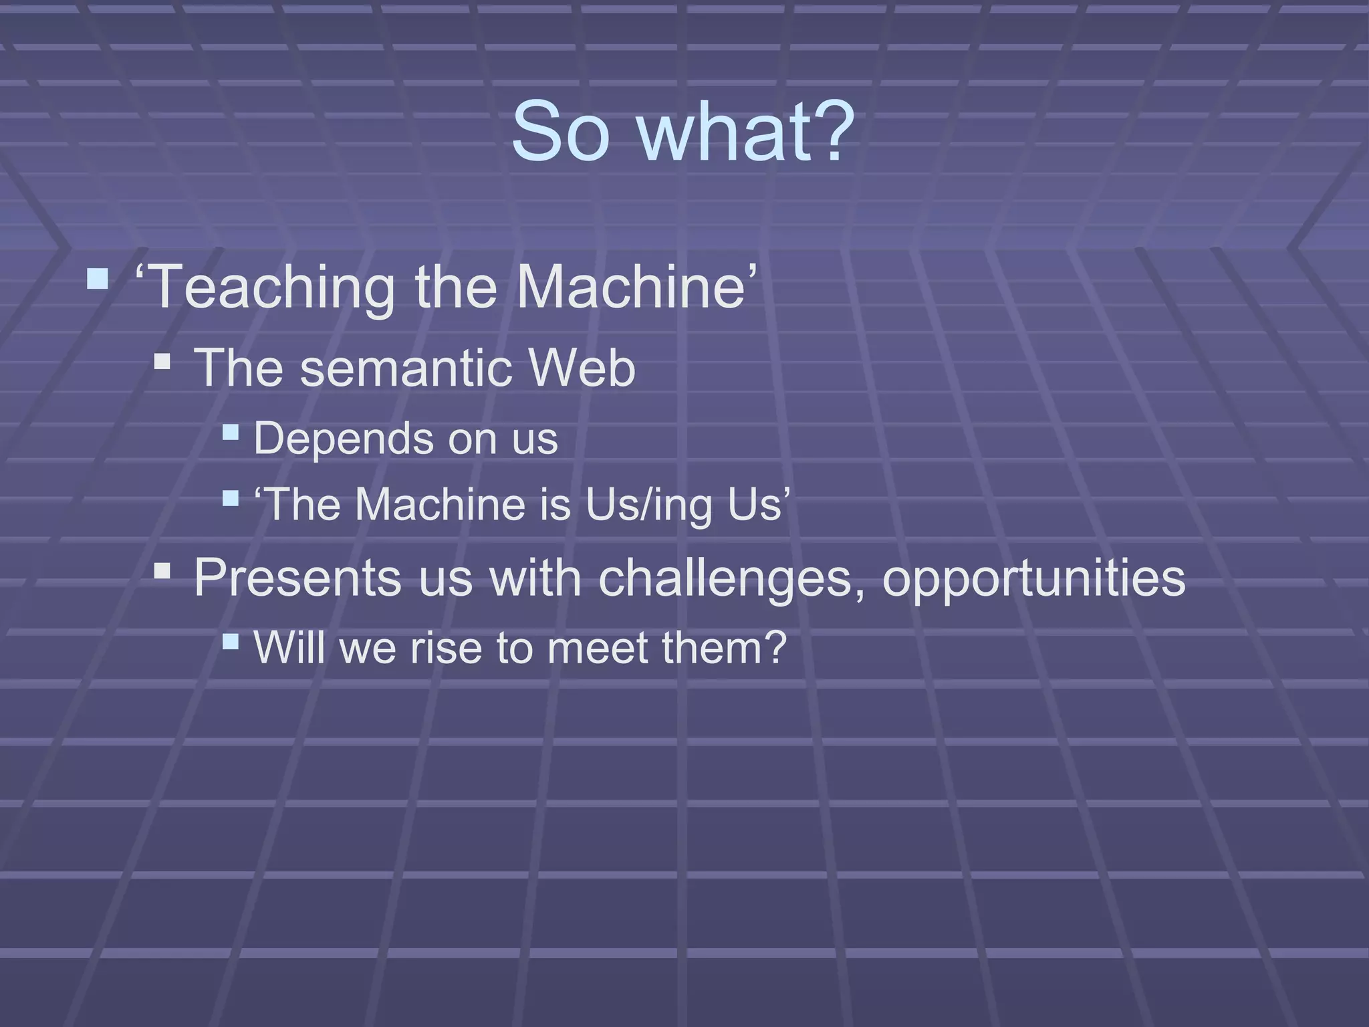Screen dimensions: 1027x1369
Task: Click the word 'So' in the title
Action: tap(560, 132)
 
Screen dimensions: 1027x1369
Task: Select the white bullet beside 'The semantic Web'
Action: tap(162, 362)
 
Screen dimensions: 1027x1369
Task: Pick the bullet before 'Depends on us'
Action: tap(231, 432)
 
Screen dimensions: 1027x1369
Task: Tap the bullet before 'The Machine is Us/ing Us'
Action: tap(231, 498)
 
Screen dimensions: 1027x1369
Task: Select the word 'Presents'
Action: tap(298, 578)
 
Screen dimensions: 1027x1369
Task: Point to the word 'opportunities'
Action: tap(1033, 578)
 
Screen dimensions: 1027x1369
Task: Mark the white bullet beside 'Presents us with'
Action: tap(162, 570)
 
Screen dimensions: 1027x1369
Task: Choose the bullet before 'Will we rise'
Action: tap(231, 642)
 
